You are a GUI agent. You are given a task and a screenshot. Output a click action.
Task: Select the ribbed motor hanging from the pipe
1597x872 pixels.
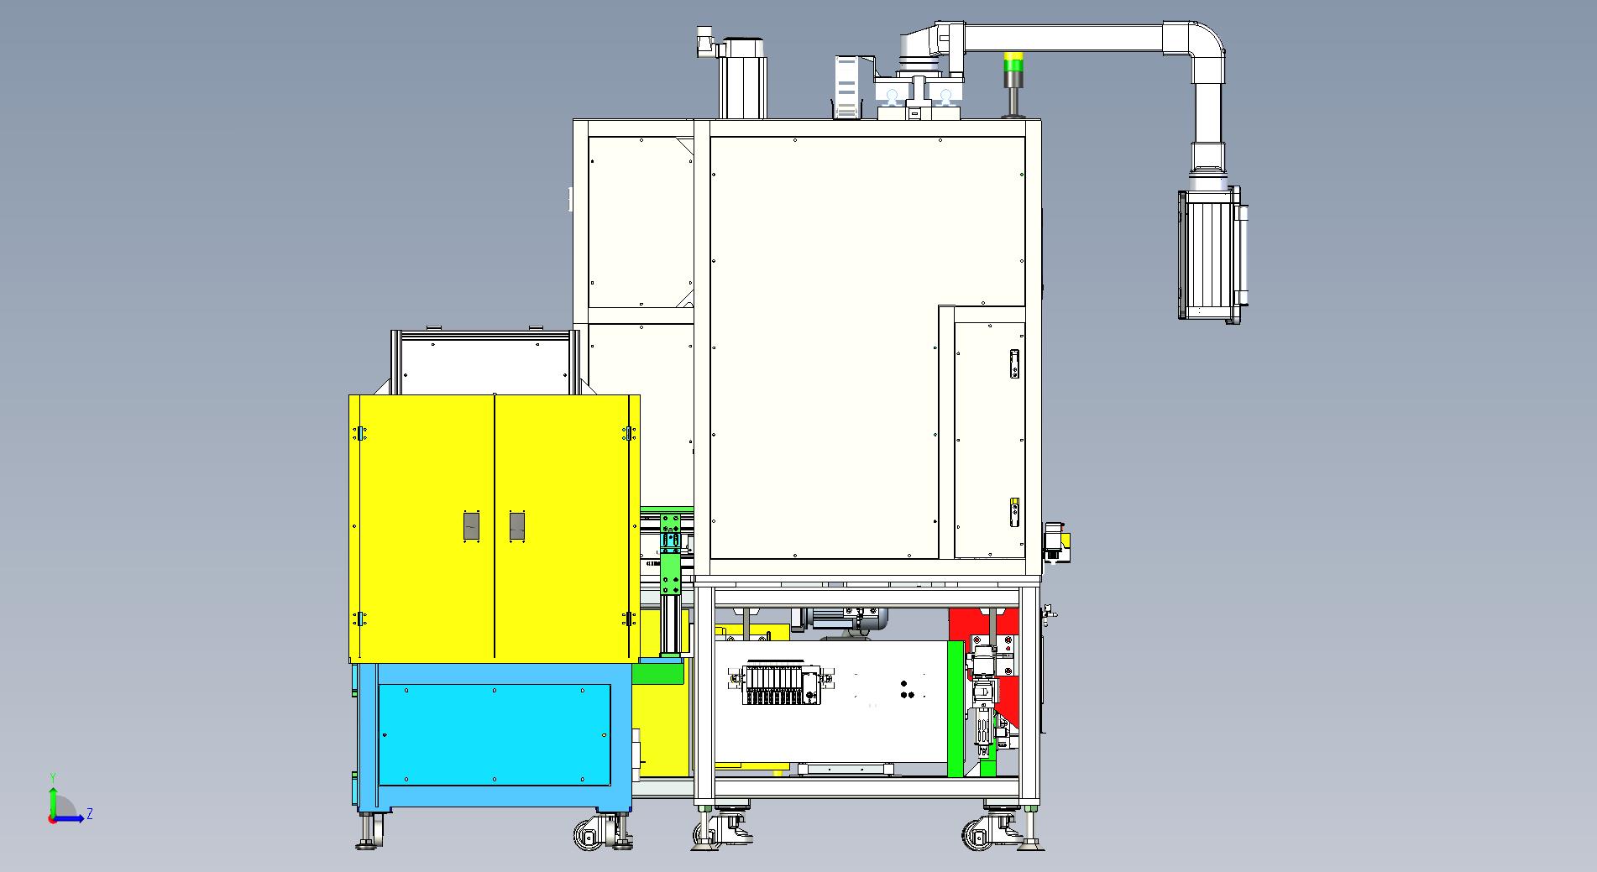pos(1211,254)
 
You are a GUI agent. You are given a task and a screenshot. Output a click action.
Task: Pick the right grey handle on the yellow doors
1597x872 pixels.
pos(517,526)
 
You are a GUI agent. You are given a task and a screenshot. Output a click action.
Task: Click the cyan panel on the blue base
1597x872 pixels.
pos(495,734)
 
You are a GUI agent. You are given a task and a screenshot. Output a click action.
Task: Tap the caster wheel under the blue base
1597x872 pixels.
pos(590,833)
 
